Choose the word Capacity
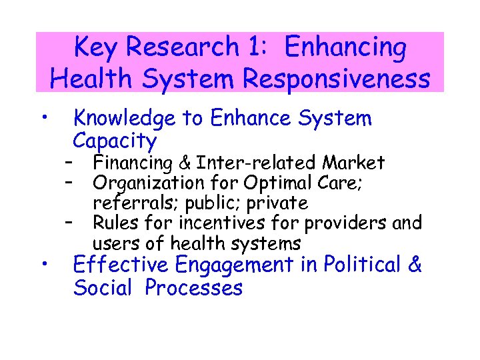click(x=115, y=141)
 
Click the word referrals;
click(x=130, y=203)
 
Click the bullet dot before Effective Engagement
click(x=43, y=265)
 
